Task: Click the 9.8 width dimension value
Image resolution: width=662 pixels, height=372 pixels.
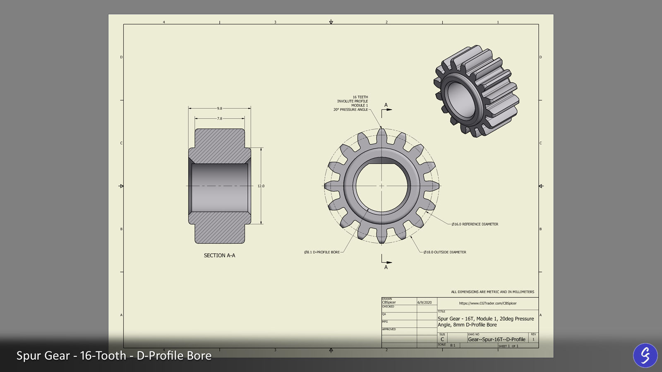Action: (x=219, y=108)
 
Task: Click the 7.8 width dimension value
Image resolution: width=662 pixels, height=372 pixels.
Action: (x=219, y=119)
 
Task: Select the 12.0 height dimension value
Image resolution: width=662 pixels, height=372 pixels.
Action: (x=261, y=186)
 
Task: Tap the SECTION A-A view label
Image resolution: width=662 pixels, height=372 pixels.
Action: (x=219, y=255)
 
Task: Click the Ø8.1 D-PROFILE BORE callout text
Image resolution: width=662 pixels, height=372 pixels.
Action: (x=322, y=252)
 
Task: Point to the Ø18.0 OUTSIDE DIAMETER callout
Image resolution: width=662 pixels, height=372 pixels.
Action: (x=445, y=252)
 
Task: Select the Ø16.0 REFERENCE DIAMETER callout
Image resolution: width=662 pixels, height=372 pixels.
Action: (x=475, y=224)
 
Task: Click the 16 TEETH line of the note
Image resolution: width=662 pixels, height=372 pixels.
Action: (x=360, y=97)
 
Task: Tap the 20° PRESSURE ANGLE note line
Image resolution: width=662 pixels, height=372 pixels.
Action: (x=350, y=110)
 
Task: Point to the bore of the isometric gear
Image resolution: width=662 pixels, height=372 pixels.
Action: (x=459, y=99)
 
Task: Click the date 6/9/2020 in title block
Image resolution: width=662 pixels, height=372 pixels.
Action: (x=425, y=303)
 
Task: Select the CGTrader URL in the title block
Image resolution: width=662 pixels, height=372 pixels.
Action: (x=488, y=303)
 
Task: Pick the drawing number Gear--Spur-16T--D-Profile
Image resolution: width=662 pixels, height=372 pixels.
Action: (x=496, y=339)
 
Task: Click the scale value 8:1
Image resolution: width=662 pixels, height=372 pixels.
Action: (x=453, y=345)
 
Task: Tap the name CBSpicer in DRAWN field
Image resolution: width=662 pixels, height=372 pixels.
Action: (x=389, y=303)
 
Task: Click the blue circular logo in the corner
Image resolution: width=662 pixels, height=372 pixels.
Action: (x=645, y=355)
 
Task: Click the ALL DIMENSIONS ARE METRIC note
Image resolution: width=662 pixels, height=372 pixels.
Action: (x=492, y=292)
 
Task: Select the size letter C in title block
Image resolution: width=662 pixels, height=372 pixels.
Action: (x=442, y=339)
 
